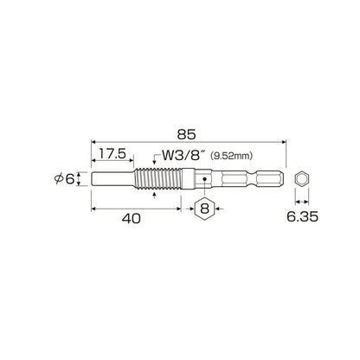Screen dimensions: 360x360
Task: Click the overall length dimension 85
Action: click(x=186, y=134)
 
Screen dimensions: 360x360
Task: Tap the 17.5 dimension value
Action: click(x=112, y=154)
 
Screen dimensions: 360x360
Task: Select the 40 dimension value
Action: click(x=132, y=219)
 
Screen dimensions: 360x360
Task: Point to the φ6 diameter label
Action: click(x=65, y=179)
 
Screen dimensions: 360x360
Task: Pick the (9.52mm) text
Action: click(x=232, y=156)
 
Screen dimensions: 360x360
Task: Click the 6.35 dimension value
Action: click(x=302, y=216)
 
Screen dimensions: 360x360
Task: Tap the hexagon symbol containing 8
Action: click(x=204, y=209)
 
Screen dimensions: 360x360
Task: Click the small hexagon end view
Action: click(x=302, y=179)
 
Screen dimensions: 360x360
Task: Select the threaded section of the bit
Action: click(x=158, y=179)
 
